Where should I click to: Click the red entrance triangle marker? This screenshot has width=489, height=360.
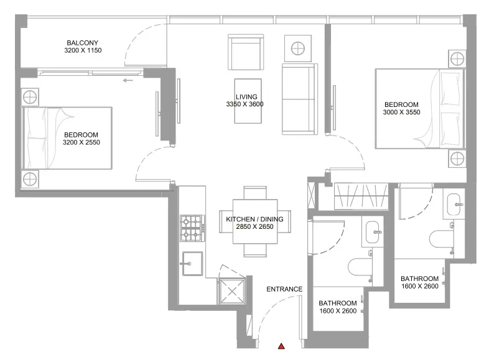tap(282, 346)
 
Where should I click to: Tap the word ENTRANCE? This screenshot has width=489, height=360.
tap(284, 289)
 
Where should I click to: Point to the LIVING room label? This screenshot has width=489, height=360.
tap(246, 96)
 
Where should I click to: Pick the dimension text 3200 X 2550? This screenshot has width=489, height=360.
tap(81, 142)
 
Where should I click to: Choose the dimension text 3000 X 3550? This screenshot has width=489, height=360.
tap(401, 113)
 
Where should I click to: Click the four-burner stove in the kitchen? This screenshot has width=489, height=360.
tap(192, 228)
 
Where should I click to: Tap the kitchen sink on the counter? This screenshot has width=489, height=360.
tap(192, 263)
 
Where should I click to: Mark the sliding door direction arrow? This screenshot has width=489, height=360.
tap(129, 80)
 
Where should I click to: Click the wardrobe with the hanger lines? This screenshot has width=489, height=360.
tap(360, 197)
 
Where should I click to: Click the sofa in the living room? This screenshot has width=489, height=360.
tap(299, 98)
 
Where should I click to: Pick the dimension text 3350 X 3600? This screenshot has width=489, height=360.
tap(245, 104)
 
